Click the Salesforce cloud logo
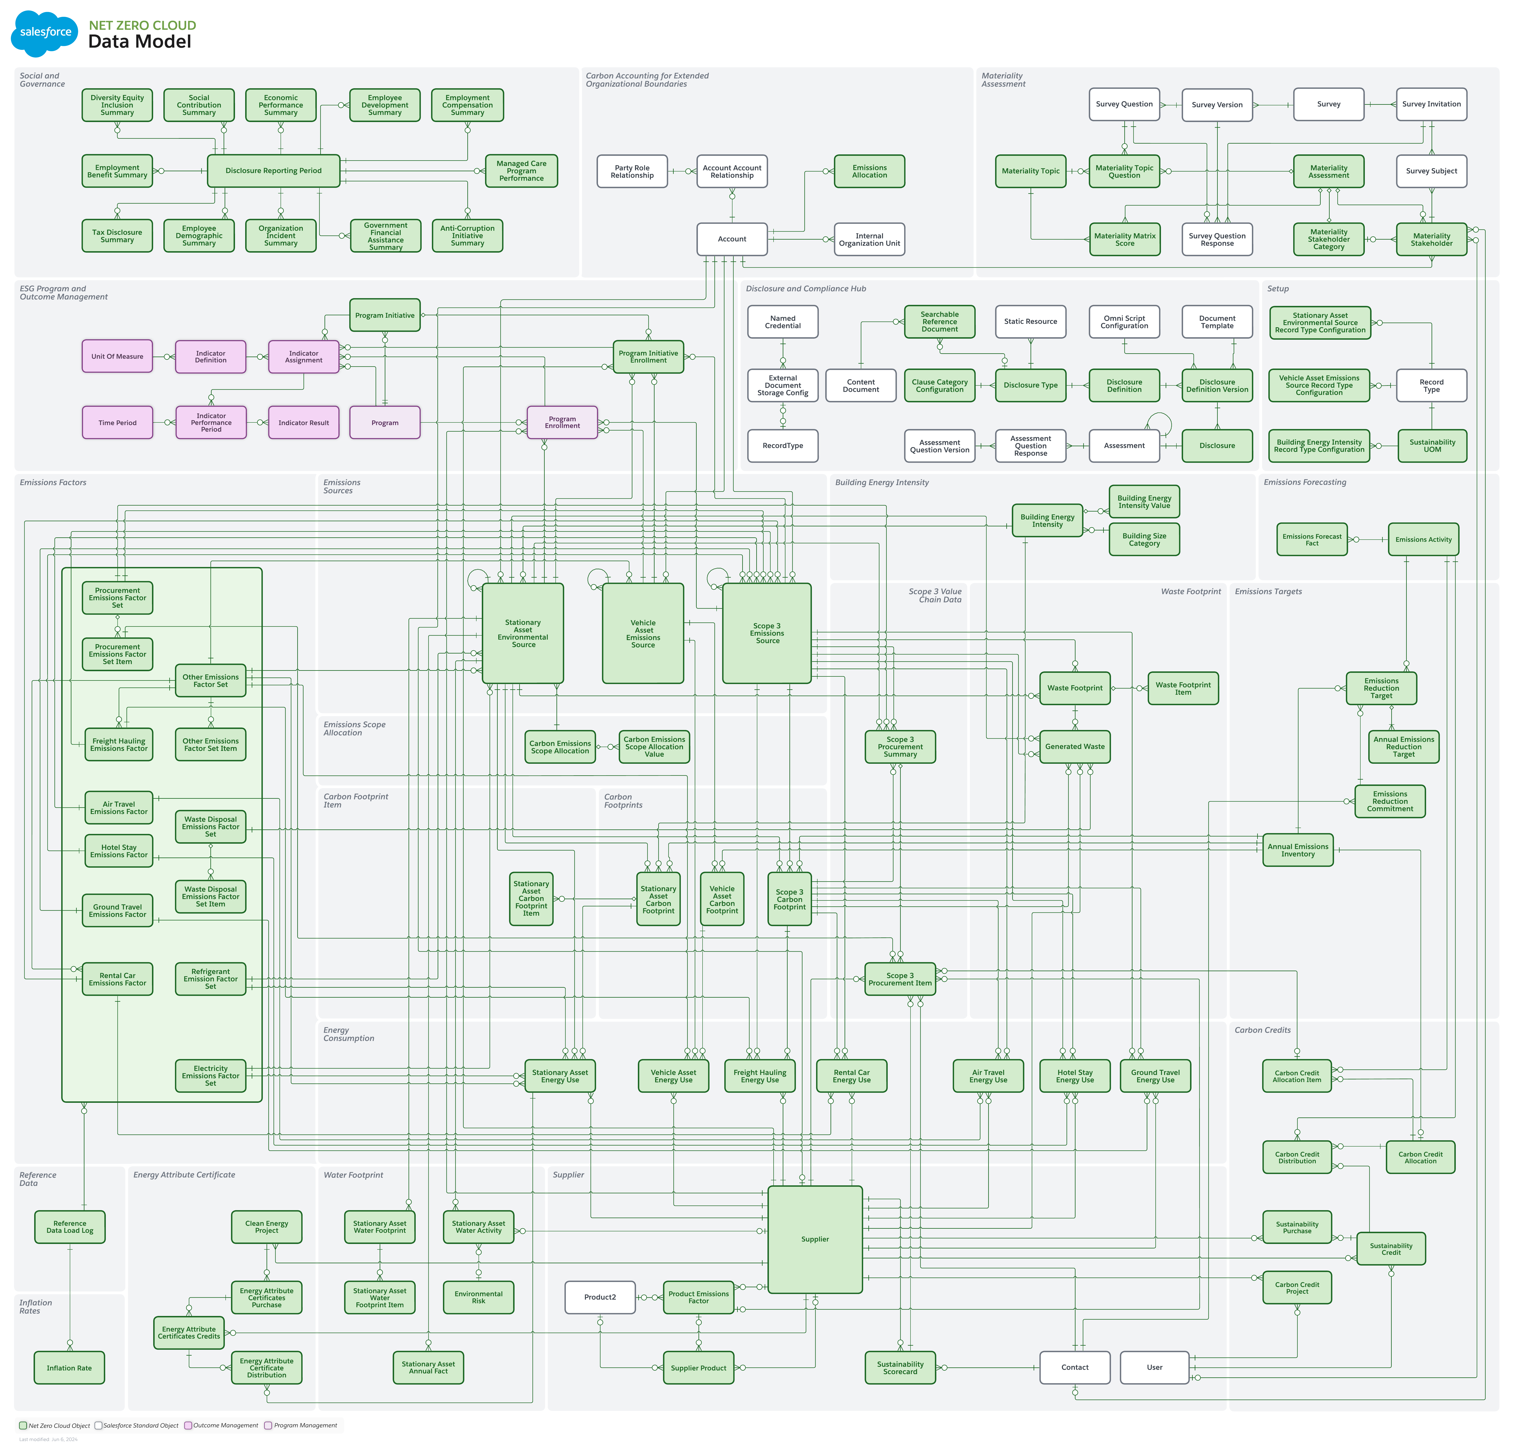tap(45, 33)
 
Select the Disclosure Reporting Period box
tap(273, 171)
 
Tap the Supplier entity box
tap(814, 1239)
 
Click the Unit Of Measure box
tap(117, 356)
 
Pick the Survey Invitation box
tap(1431, 104)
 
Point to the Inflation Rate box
tap(69, 1368)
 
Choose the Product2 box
tap(599, 1297)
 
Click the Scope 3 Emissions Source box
tap(766, 633)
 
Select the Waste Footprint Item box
tap(1183, 688)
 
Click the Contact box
tap(1074, 1367)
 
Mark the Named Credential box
tap(782, 322)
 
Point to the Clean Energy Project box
tap(266, 1227)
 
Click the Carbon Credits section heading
tap(1262, 1030)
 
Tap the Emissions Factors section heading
tap(53, 482)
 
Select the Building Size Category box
tap(1144, 540)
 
